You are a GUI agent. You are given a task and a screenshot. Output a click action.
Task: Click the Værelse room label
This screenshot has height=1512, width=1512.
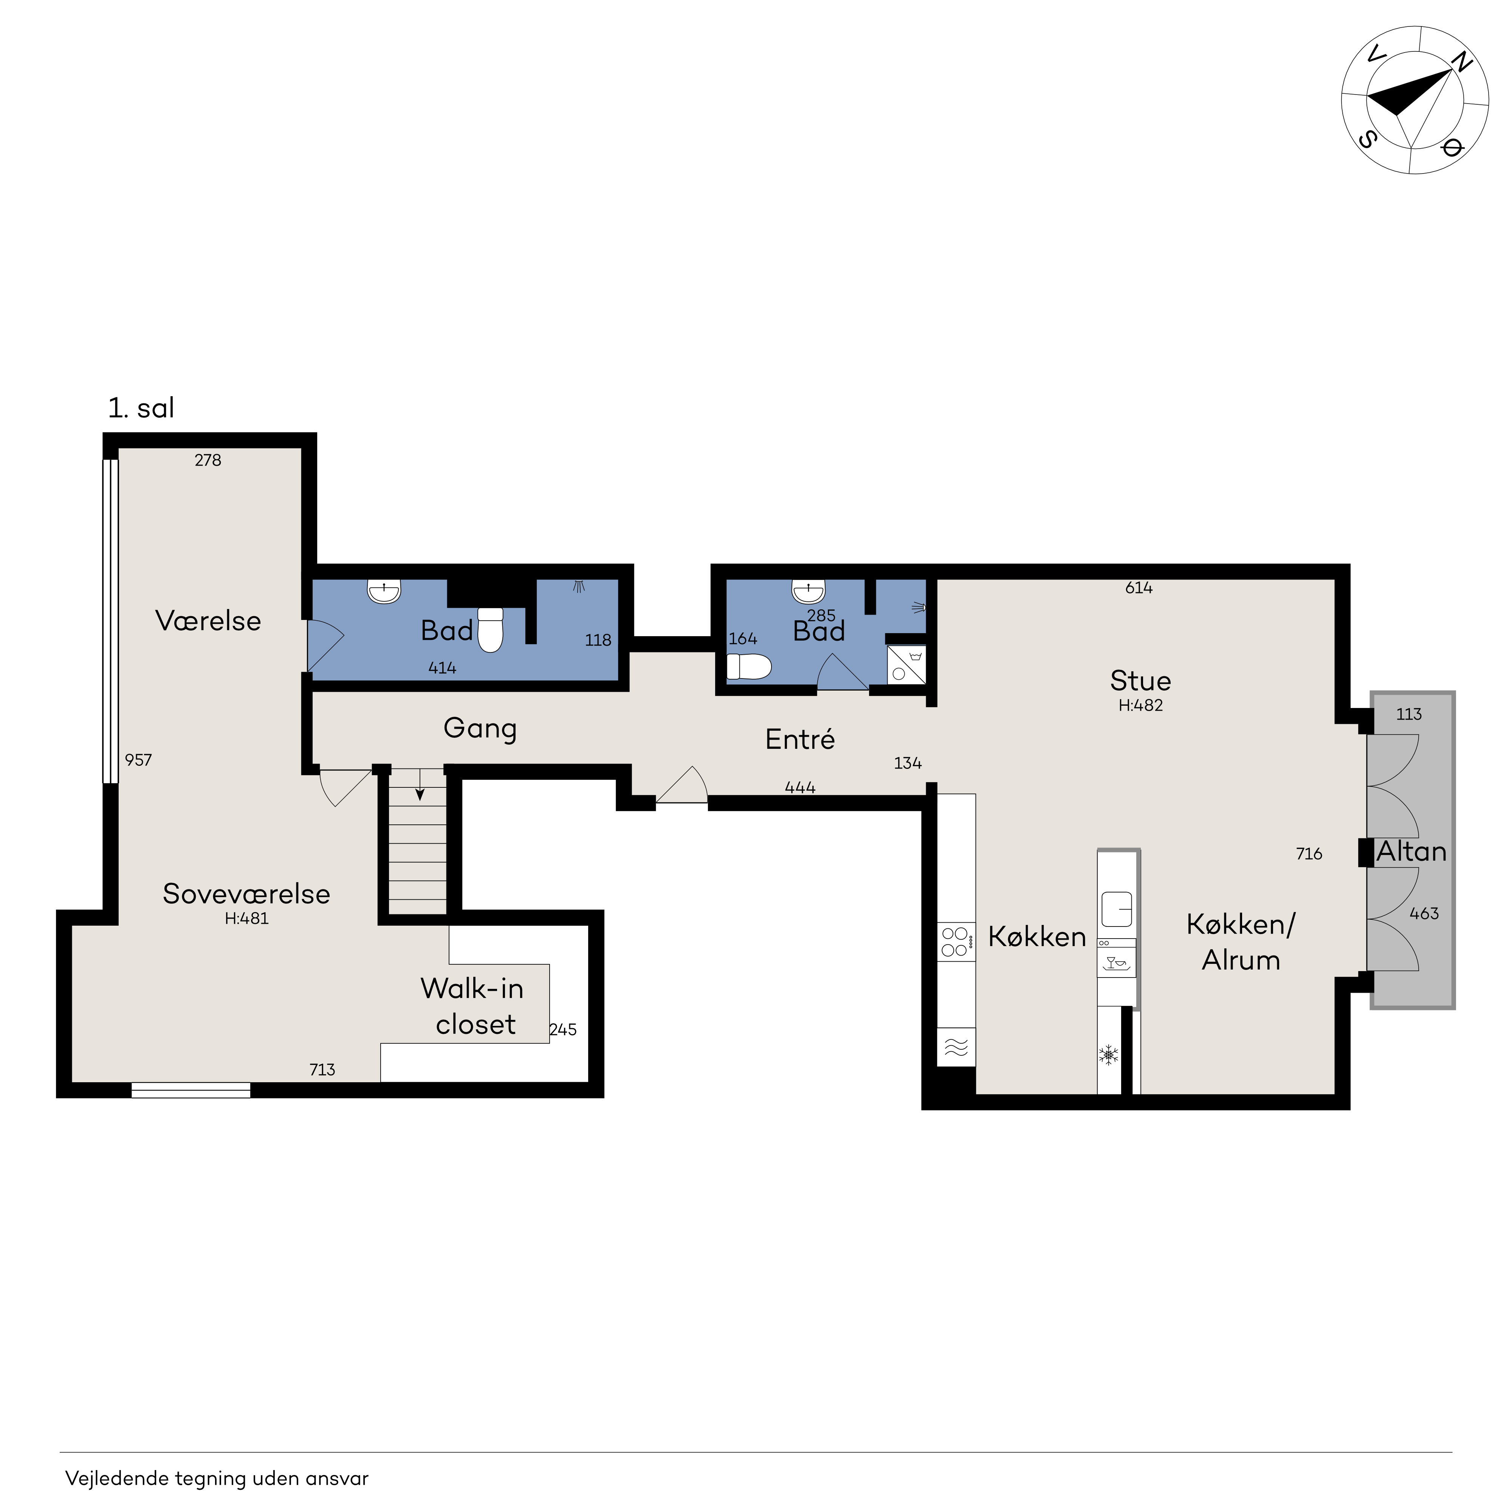pos(208,621)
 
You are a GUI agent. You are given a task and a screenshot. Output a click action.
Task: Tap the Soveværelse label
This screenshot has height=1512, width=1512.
pos(246,894)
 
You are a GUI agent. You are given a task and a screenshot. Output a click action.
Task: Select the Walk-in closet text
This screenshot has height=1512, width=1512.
pos(473,1007)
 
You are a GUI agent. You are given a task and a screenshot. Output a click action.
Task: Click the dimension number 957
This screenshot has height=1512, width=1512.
pos(138,760)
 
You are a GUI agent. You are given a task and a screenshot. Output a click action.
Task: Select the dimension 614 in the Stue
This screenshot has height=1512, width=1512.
pos(1139,588)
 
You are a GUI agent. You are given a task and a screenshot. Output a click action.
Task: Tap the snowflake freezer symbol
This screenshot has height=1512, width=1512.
pos(1108,1055)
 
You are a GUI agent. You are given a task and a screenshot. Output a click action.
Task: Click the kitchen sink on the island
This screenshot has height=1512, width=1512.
pos(1117,909)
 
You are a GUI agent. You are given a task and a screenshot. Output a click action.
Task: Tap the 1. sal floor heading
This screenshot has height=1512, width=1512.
pos(141,408)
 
